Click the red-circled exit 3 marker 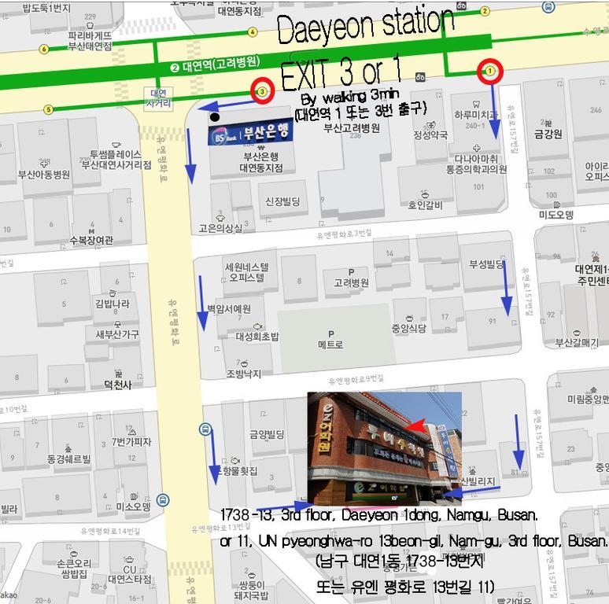(x=262, y=91)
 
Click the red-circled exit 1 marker (x=490, y=72)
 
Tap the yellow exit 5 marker (x=48, y=109)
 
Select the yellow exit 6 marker (x=44, y=49)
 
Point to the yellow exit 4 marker (x=253, y=32)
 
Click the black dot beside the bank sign (x=215, y=117)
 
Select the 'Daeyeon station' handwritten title (x=365, y=29)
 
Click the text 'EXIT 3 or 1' (x=340, y=74)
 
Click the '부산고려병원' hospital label (x=352, y=128)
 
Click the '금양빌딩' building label (x=267, y=434)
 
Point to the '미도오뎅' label (x=556, y=215)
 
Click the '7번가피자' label (x=131, y=442)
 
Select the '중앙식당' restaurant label (x=409, y=328)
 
